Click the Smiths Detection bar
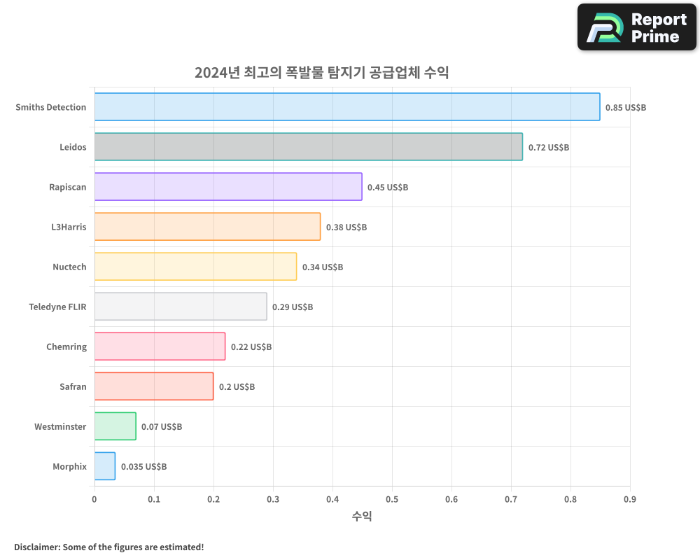pos(346,107)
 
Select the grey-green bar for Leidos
pos(308,147)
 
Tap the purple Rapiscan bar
pos(227,187)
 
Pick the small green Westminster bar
pos(115,426)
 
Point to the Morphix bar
pos(104,466)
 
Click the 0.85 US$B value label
pos(626,108)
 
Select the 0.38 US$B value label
pos(346,227)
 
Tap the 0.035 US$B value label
pos(143,467)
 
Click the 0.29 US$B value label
pos(293,307)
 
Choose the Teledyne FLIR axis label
pos(57,307)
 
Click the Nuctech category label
pos(69,267)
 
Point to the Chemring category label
pos(66,347)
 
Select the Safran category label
pos(73,387)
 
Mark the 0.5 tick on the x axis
pos(392,499)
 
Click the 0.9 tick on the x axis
pos(630,499)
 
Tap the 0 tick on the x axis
pos(94,499)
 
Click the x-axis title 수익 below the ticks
pos(362,517)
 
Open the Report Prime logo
pos(636,27)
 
